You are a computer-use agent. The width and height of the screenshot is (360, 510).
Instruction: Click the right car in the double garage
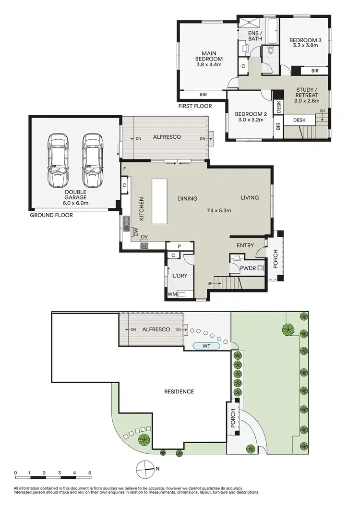coord(92,160)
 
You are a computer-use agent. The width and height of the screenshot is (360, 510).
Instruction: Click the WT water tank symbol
coord(206,345)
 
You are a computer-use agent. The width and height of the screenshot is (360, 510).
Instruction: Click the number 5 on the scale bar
coord(89,473)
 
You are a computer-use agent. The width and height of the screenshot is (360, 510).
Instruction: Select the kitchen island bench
coord(159,201)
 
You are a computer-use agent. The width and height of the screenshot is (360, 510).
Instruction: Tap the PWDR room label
coord(248,268)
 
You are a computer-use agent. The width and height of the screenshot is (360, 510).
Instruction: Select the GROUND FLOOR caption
coord(51,215)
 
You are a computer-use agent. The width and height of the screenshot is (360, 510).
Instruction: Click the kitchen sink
coord(126,222)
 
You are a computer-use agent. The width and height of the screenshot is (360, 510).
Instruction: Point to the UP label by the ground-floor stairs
coord(210,283)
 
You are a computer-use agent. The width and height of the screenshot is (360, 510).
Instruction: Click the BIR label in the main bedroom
coord(204,95)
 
